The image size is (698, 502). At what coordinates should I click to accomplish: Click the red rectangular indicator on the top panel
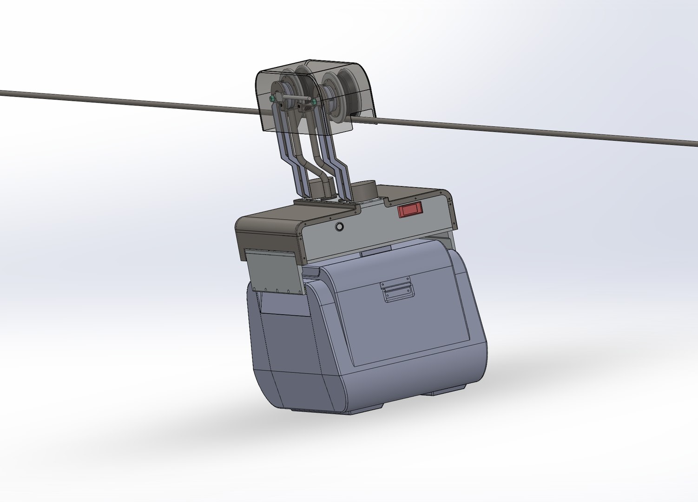[410, 210]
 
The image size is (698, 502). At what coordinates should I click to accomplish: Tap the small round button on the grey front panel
[340, 227]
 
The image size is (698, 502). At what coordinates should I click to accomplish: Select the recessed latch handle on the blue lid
[396, 292]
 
